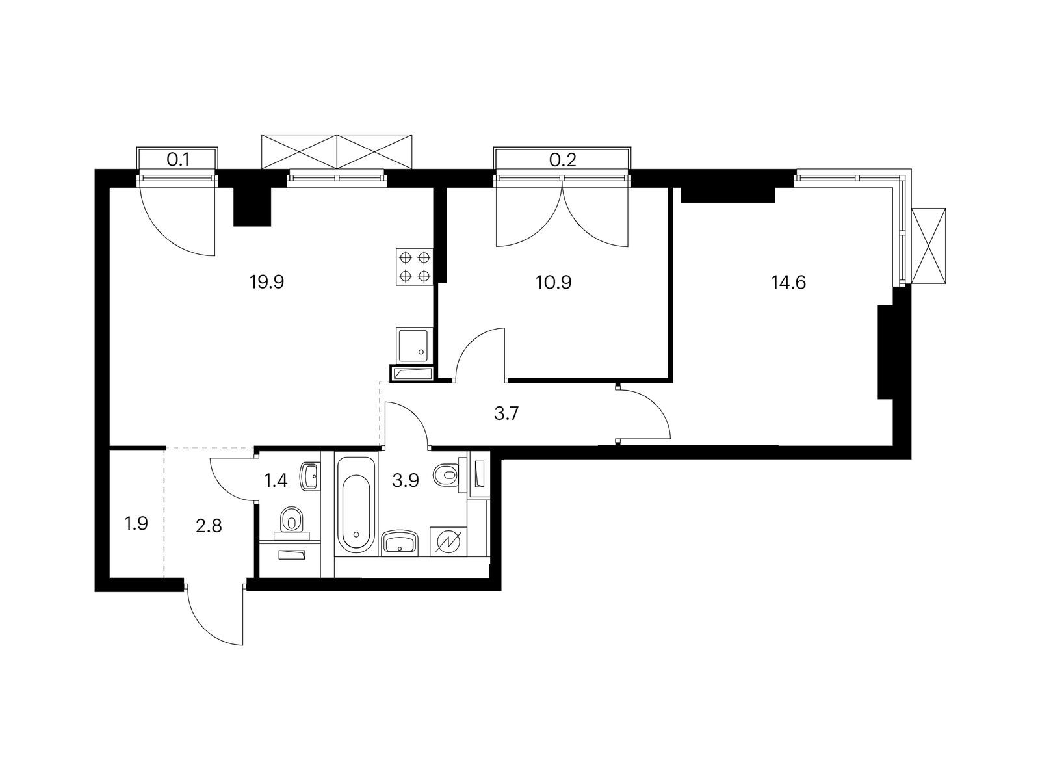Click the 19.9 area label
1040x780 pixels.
[x=266, y=282]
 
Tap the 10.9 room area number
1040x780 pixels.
[x=553, y=282]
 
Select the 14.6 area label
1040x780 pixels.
[x=788, y=282]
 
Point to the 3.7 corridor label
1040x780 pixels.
[x=506, y=413]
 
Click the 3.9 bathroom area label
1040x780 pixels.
[x=406, y=481]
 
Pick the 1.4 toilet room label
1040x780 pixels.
[x=276, y=481]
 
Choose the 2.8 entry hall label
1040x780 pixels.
[x=209, y=526]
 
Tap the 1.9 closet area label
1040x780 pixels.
[x=136, y=524]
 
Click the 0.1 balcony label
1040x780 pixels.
[x=178, y=160]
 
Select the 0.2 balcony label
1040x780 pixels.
[x=562, y=160]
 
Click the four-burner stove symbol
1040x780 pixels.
[x=415, y=266]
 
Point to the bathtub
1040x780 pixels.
[x=356, y=504]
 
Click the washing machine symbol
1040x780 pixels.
[x=448, y=542]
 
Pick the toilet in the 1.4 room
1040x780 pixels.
[x=291, y=521]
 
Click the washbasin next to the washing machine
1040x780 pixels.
[x=400, y=542]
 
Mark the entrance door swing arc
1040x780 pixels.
[x=205, y=625]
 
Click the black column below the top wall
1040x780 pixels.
[x=253, y=207]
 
